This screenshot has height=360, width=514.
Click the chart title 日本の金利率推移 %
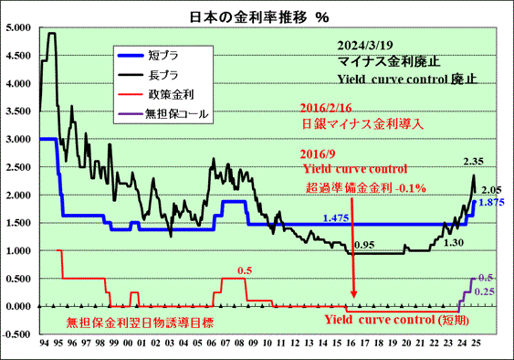259,16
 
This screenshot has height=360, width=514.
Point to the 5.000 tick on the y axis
18,28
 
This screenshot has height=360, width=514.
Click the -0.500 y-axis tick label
16,334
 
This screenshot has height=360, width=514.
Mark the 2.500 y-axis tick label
18,167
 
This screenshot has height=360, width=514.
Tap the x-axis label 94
44,344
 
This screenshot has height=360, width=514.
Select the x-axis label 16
351,344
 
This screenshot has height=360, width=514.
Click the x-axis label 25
476,344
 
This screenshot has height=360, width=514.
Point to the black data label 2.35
473,162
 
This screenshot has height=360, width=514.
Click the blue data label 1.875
492,203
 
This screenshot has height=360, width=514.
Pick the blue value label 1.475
336,218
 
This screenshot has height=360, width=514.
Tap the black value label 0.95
364,245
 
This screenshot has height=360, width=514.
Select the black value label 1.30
454,243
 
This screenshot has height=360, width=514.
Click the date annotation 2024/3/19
365,46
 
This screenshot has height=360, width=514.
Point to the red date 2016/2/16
326,108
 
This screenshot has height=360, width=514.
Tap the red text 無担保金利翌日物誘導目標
141,323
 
